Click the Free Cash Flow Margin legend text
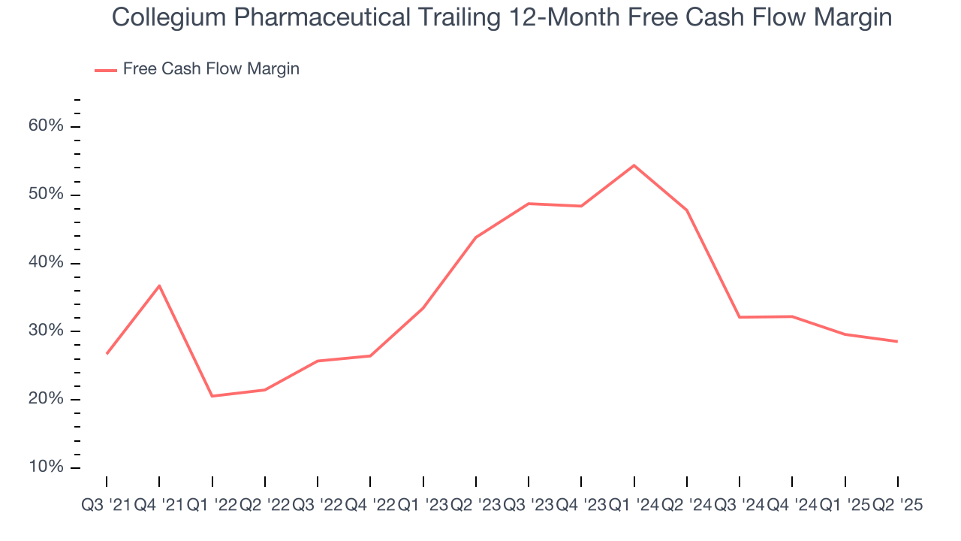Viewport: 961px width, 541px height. tap(211, 69)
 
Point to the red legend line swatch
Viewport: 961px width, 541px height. tap(106, 70)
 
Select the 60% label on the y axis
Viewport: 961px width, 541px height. tap(45, 126)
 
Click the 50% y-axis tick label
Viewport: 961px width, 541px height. tap(45, 195)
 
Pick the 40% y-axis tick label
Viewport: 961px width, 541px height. tap(45, 263)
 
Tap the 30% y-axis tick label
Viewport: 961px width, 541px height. tap(45, 331)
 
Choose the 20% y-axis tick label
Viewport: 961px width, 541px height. tap(45, 400)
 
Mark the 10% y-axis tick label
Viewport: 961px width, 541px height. tap(45, 467)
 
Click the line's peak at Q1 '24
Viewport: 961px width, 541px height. tap(634, 165)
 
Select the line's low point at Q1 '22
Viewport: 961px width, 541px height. tap(212, 396)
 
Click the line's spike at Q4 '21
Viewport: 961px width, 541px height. tap(159, 286)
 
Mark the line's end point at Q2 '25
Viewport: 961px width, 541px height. tap(897, 341)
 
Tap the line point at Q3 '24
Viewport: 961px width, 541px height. tap(740, 317)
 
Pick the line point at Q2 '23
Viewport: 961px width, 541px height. tap(476, 237)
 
